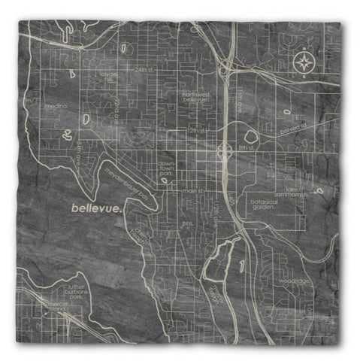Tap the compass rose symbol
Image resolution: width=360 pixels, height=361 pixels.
click(303, 63)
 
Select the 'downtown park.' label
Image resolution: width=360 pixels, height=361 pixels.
click(166, 171)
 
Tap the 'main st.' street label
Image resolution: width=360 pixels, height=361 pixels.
click(189, 192)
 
